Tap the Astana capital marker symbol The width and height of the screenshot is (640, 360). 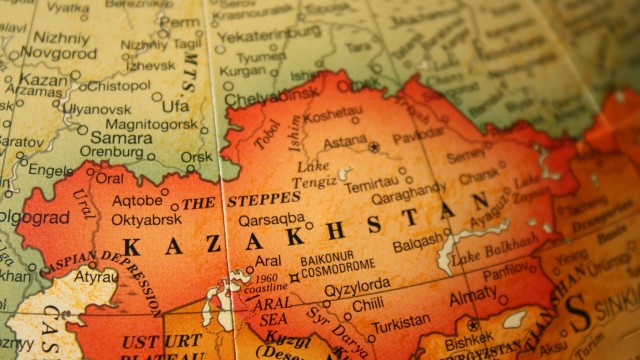coord(374,146)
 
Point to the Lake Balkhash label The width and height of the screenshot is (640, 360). coord(495,252)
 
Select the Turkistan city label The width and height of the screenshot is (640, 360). coord(400,326)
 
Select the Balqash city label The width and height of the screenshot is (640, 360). coord(414,243)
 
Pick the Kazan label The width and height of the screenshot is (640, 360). coord(42,79)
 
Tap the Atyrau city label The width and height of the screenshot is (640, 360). coord(95,276)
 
